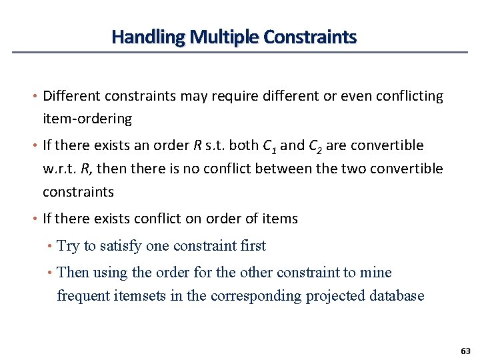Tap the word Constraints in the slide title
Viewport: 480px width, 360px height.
tap(310, 37)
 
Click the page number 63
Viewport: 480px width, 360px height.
tap(465, 350)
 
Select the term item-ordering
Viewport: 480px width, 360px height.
tap(87, 119)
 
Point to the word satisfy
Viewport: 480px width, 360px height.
tap(121, 246)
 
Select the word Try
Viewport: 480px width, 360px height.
tap(68, 246)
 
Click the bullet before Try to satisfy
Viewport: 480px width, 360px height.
tap(51, 247)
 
